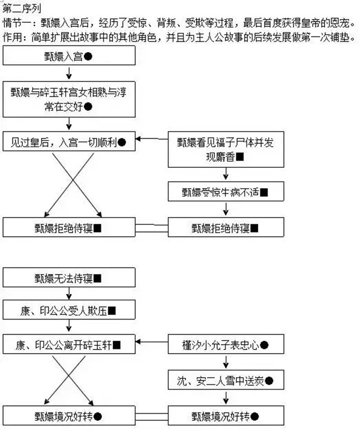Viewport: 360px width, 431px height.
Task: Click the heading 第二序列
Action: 20,7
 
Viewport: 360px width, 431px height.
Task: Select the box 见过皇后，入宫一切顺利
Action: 71,142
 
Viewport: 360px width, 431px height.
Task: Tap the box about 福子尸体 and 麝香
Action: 226,149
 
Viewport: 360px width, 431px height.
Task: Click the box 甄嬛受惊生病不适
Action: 226,192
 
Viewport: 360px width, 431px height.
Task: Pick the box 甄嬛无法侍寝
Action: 71,278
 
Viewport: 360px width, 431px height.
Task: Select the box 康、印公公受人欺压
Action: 71,312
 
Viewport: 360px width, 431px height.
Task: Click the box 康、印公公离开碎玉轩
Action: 71,345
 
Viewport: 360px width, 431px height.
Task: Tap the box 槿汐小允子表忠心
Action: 226,345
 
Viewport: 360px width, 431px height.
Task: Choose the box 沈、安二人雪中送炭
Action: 226,380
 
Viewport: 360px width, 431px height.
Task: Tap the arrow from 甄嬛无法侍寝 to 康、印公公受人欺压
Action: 71,294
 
